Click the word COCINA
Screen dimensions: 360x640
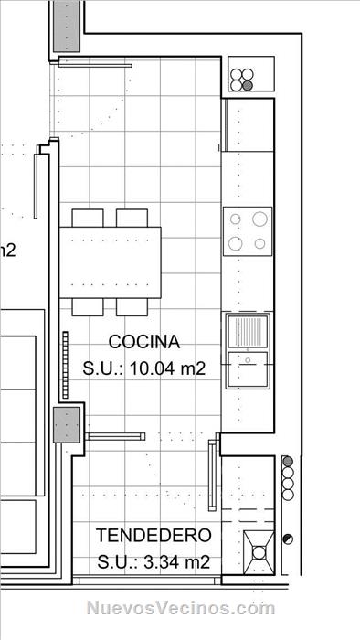pos(144,342)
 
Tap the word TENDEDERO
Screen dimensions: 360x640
pos(154,535)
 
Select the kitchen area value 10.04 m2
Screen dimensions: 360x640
pos(168,369)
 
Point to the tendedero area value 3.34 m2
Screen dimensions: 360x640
pos(177,562)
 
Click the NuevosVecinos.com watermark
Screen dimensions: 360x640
pos(181,608)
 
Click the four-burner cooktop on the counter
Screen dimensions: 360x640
pos(248,231)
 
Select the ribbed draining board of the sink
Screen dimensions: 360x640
pos(248,333)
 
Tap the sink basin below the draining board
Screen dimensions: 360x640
pos(248,369)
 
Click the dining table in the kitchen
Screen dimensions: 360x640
pos(110,262)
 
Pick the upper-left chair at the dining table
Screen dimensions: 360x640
pos(88,218)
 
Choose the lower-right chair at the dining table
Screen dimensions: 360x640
pos(132,307)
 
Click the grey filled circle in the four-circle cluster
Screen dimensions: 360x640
pos(247,86)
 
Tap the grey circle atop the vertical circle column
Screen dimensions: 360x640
pos(288,461)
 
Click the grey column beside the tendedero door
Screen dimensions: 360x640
pos(67,424)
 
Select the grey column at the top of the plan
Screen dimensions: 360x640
pos(67,26)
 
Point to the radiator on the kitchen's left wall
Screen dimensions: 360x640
pos(65,365)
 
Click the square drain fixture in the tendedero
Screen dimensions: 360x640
pos(259,552)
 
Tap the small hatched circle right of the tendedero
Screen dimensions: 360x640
pos(288,539)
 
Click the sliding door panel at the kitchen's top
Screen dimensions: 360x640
pos(95,65)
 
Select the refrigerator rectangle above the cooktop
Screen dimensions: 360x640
pos(248,125)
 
